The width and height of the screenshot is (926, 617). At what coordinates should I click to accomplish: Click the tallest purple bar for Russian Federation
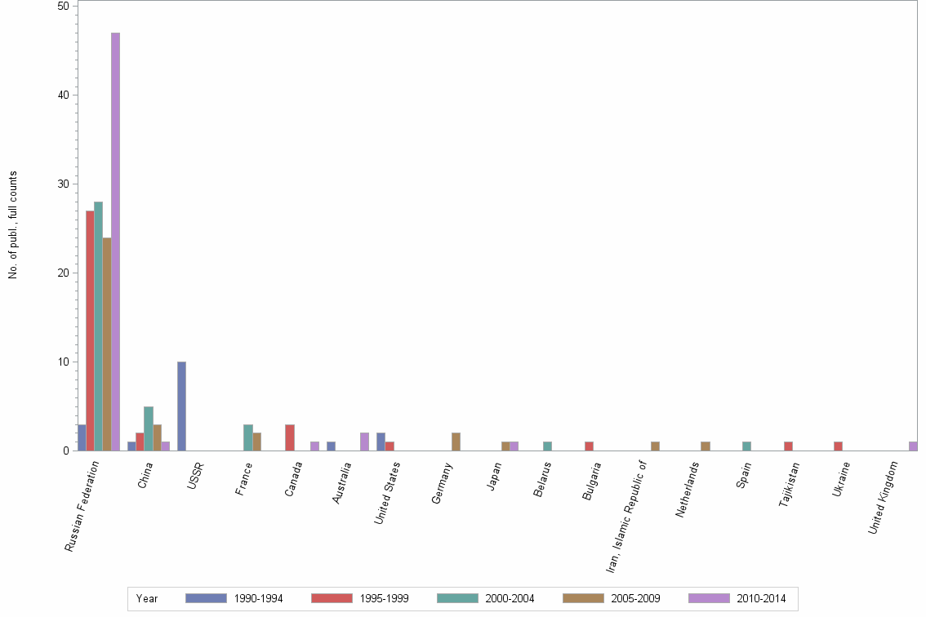[x=115, y=242]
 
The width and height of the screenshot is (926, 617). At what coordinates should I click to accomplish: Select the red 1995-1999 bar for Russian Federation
[x=90, y=331]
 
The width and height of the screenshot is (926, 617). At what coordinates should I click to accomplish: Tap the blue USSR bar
[x=181, y=406]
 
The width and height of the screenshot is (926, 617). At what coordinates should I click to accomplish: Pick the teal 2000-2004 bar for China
[x=149, y=428]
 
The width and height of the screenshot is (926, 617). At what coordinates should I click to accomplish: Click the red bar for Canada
[x=289, y=437]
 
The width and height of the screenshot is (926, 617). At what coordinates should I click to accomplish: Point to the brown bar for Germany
[x=456, y=442]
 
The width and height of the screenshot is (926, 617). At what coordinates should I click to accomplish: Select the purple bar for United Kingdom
[x=913, y=446]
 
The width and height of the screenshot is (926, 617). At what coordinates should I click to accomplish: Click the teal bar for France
[x=248, y=437]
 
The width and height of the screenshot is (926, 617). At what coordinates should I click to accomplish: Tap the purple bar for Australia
[x=364, y=442]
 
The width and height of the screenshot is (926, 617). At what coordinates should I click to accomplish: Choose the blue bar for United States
[x=381, y=442]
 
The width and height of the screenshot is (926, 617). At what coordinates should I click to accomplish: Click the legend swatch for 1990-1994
[x=206, y=598]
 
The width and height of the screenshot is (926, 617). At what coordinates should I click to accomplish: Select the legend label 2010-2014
[x=761, y=599]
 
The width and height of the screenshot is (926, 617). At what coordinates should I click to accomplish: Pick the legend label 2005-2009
[x=635, y=599]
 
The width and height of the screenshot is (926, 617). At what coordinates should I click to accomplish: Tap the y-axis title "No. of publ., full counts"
[x=13, y=225]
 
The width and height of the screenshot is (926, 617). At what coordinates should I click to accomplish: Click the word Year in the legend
[x=147, y=599]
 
